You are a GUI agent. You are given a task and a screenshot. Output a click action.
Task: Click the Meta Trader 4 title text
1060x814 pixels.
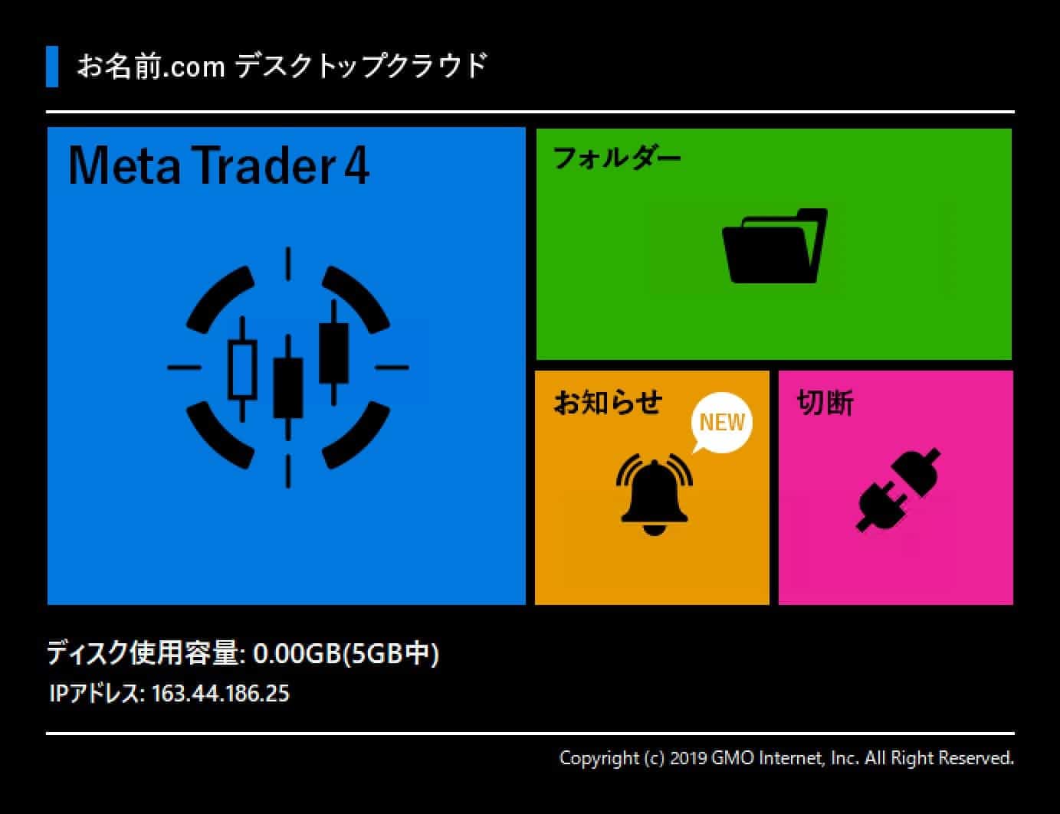point(218,165)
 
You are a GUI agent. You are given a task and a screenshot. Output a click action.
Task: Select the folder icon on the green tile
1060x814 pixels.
point(775,246)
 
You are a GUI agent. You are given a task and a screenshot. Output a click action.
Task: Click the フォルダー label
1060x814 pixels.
point(616,158)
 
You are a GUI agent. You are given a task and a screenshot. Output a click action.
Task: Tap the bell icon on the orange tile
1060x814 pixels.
point(654,494)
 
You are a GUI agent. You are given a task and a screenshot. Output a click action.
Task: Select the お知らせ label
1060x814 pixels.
point(608,402)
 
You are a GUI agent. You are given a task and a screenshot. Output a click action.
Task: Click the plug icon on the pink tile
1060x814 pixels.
point(898,489)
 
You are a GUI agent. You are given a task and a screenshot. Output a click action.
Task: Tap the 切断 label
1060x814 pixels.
point(825,403)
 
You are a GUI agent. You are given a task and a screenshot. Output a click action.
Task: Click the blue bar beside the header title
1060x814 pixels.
point(52,67)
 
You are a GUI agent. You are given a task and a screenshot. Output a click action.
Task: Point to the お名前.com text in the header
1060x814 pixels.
point(151,67)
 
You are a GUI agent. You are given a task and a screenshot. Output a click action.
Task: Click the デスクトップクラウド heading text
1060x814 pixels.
point(362,66)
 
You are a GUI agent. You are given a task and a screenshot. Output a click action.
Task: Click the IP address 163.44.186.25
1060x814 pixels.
point(221,693)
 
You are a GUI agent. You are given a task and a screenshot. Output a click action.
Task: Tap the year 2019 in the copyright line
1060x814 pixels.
point(688,758)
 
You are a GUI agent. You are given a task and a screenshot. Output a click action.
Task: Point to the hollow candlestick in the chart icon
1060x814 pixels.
point(242,369)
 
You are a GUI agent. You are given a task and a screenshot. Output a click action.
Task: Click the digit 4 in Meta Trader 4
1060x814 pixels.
point(356,166)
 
